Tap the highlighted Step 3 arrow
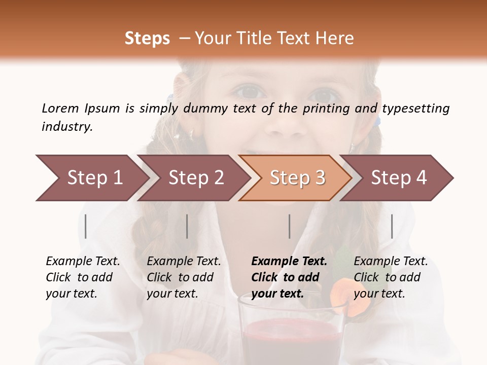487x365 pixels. point(297,178)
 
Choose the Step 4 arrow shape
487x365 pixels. point(398,178)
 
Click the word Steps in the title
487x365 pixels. point(147,39)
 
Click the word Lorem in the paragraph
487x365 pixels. point(60,108)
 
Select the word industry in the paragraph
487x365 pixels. point(66,126)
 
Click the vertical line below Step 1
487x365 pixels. point(86,226)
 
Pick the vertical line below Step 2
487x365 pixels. point(187,226)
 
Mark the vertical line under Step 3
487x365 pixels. point(290,226)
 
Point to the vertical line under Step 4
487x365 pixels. point(392,226)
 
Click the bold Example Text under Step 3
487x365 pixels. point(289,262)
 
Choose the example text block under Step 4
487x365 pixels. point(390,277)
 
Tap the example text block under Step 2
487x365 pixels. point(183,277)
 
